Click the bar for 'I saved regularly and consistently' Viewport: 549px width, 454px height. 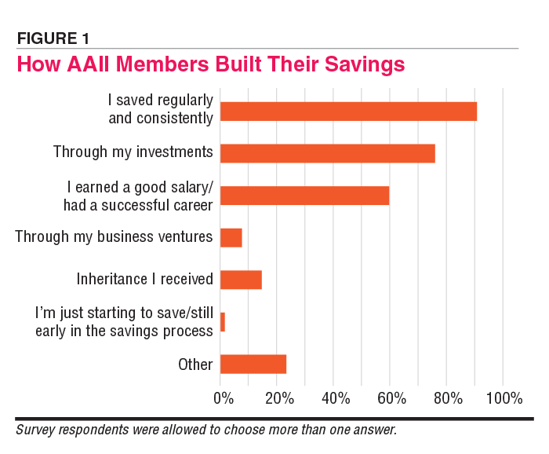[348, 111]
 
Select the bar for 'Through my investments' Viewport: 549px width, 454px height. [327, 153]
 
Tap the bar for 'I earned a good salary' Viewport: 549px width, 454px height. [304, 196]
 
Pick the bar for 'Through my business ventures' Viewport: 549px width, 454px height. [231, 237]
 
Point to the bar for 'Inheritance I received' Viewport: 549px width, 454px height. [241, 280]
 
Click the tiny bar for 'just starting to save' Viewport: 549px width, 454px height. [223, 322]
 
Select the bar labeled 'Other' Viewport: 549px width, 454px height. [253, 364]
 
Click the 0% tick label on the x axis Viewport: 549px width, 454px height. [224, 398]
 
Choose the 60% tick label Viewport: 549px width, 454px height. [391, 398]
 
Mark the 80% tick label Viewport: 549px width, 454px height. [446, 398]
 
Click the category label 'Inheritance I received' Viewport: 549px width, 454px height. [144, 280]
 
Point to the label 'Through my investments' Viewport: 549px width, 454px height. [133, 152]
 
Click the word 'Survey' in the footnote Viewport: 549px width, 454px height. [36, 431]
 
